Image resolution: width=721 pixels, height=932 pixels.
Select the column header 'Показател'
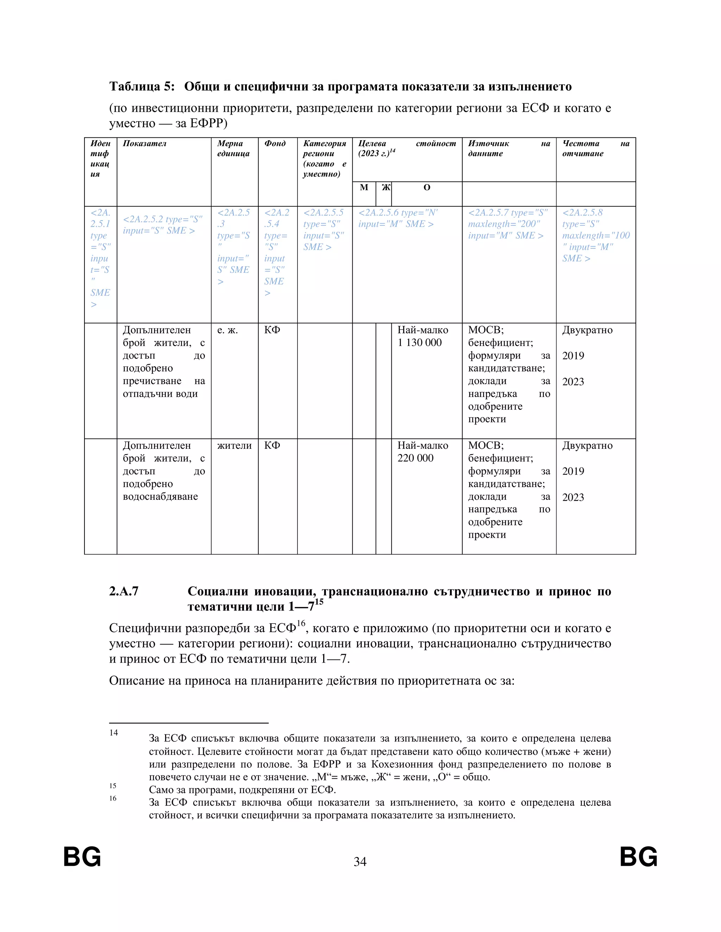[144, 144]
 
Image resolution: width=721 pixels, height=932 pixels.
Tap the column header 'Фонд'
[275, 144]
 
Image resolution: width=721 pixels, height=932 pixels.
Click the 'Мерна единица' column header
[233, 148]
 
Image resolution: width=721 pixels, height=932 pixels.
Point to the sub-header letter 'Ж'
[386, 188]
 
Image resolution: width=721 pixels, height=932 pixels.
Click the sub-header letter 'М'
[364, 188]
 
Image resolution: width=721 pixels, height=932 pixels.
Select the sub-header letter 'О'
[426, 188]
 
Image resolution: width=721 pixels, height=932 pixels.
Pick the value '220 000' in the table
[415, 458]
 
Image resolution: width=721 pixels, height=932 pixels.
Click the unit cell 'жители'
[234, 446]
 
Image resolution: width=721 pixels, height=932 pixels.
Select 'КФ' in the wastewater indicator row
[272, 330]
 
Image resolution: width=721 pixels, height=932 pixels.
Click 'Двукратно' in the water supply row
[587, 446]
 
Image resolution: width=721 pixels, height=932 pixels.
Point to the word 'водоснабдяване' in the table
[160, 497]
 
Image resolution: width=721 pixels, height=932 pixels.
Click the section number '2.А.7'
[124, 592]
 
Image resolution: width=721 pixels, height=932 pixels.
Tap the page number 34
[360, 862]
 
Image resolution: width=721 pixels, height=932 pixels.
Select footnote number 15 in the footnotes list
[113, 786]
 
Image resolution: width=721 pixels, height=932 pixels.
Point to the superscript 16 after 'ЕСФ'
[301, 624]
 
